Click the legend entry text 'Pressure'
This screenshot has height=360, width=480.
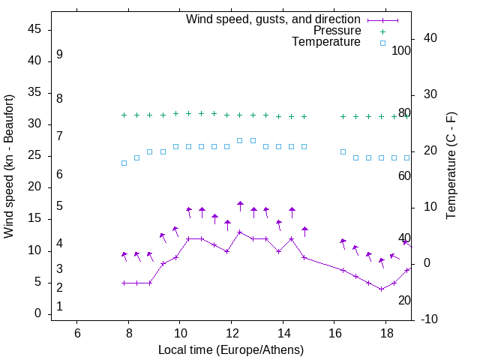[x=337, y=31]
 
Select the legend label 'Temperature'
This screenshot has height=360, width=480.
[x=326, y=42]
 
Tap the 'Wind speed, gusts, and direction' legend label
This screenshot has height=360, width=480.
[x=274, y=19]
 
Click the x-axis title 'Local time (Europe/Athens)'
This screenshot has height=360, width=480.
[x=232, y=349]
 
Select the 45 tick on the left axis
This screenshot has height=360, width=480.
[x=34, y=30]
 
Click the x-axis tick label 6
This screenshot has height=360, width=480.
[x=77, y=332]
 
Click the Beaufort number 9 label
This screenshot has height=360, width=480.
[x=59, y=55]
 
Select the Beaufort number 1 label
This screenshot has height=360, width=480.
[x=59, y=307]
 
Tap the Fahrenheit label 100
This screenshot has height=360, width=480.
[x=401, y=51]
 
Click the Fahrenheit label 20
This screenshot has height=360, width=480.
[x=404, y=300]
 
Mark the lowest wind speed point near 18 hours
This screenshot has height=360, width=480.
[x=381, y=289]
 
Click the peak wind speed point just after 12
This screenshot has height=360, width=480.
[x=240, y=232]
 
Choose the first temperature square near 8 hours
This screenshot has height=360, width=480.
[x=124, y=163]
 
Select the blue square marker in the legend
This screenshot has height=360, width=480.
[x=382, y=43]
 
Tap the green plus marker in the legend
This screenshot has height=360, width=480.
[x=382, y=31]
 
